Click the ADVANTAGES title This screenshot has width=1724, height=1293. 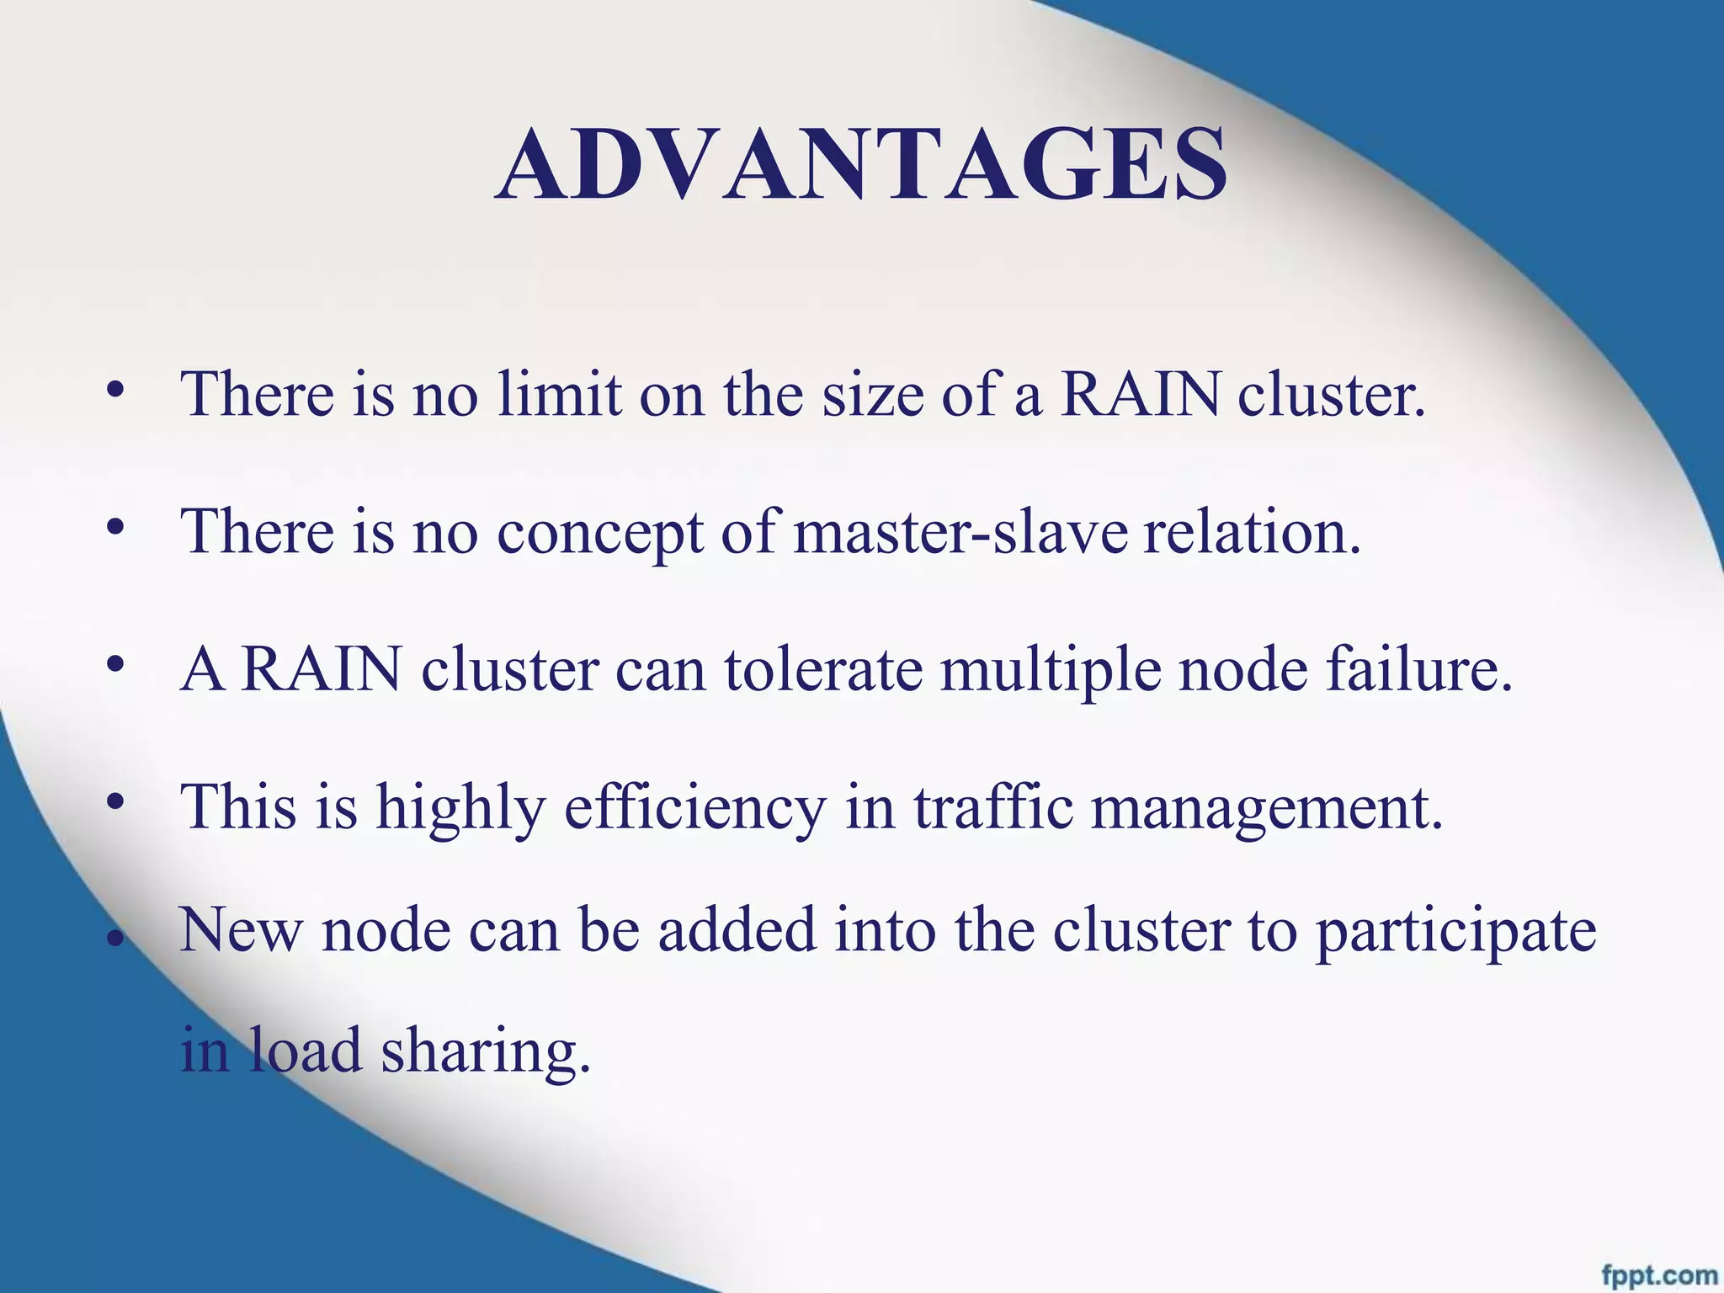pos(860,165)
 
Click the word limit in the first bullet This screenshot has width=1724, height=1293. pos(559,394)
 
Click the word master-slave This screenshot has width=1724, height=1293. pos(960,532)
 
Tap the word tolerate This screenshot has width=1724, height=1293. pos(823,670)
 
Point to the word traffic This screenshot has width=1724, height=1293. pos(993,806)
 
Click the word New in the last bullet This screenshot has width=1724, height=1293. pos(241,931)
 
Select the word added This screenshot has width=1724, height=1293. pos(737,929)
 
